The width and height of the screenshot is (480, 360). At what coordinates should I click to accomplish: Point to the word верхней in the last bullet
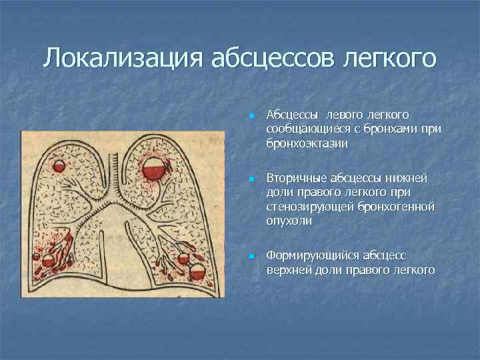click(287, 270)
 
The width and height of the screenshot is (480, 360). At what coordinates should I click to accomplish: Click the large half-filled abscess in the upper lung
click(155, 165)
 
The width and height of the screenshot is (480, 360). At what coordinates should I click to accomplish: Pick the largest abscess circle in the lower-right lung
click(197, 271)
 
